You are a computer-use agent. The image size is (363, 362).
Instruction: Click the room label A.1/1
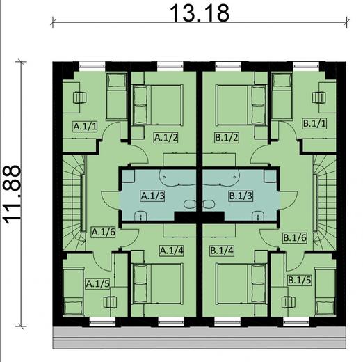point(85,127)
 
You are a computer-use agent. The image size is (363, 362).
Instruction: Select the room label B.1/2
point(227,137)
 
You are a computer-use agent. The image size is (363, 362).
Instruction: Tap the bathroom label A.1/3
point(153,196)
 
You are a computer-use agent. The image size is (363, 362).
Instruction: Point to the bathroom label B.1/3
point(241,196)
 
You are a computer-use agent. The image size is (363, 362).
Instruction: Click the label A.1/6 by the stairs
point(104,232)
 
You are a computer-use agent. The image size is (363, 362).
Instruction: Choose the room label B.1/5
point(299,280)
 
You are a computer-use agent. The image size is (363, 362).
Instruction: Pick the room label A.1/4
point(172,251)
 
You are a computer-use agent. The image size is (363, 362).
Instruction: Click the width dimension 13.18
point(200,13)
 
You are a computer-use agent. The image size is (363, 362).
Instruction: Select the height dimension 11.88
point(12,194)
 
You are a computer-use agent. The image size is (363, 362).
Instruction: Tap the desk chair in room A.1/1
point(80,97)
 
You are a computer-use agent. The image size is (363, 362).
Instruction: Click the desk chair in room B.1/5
point(289,302)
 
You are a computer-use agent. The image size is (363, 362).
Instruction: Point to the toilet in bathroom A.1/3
point(190,204)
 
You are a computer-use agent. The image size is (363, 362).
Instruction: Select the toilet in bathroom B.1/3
point(209,204)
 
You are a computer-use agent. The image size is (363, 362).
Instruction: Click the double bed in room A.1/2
point(157,105)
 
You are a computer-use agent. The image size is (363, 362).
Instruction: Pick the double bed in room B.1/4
point(241,283)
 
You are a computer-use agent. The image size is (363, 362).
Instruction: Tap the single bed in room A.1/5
point(74,292)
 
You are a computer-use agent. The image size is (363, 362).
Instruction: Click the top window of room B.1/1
point(306,66)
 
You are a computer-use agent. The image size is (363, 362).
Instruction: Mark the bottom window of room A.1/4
point(171,322)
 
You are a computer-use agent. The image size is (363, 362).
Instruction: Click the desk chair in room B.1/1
point(318,97)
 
